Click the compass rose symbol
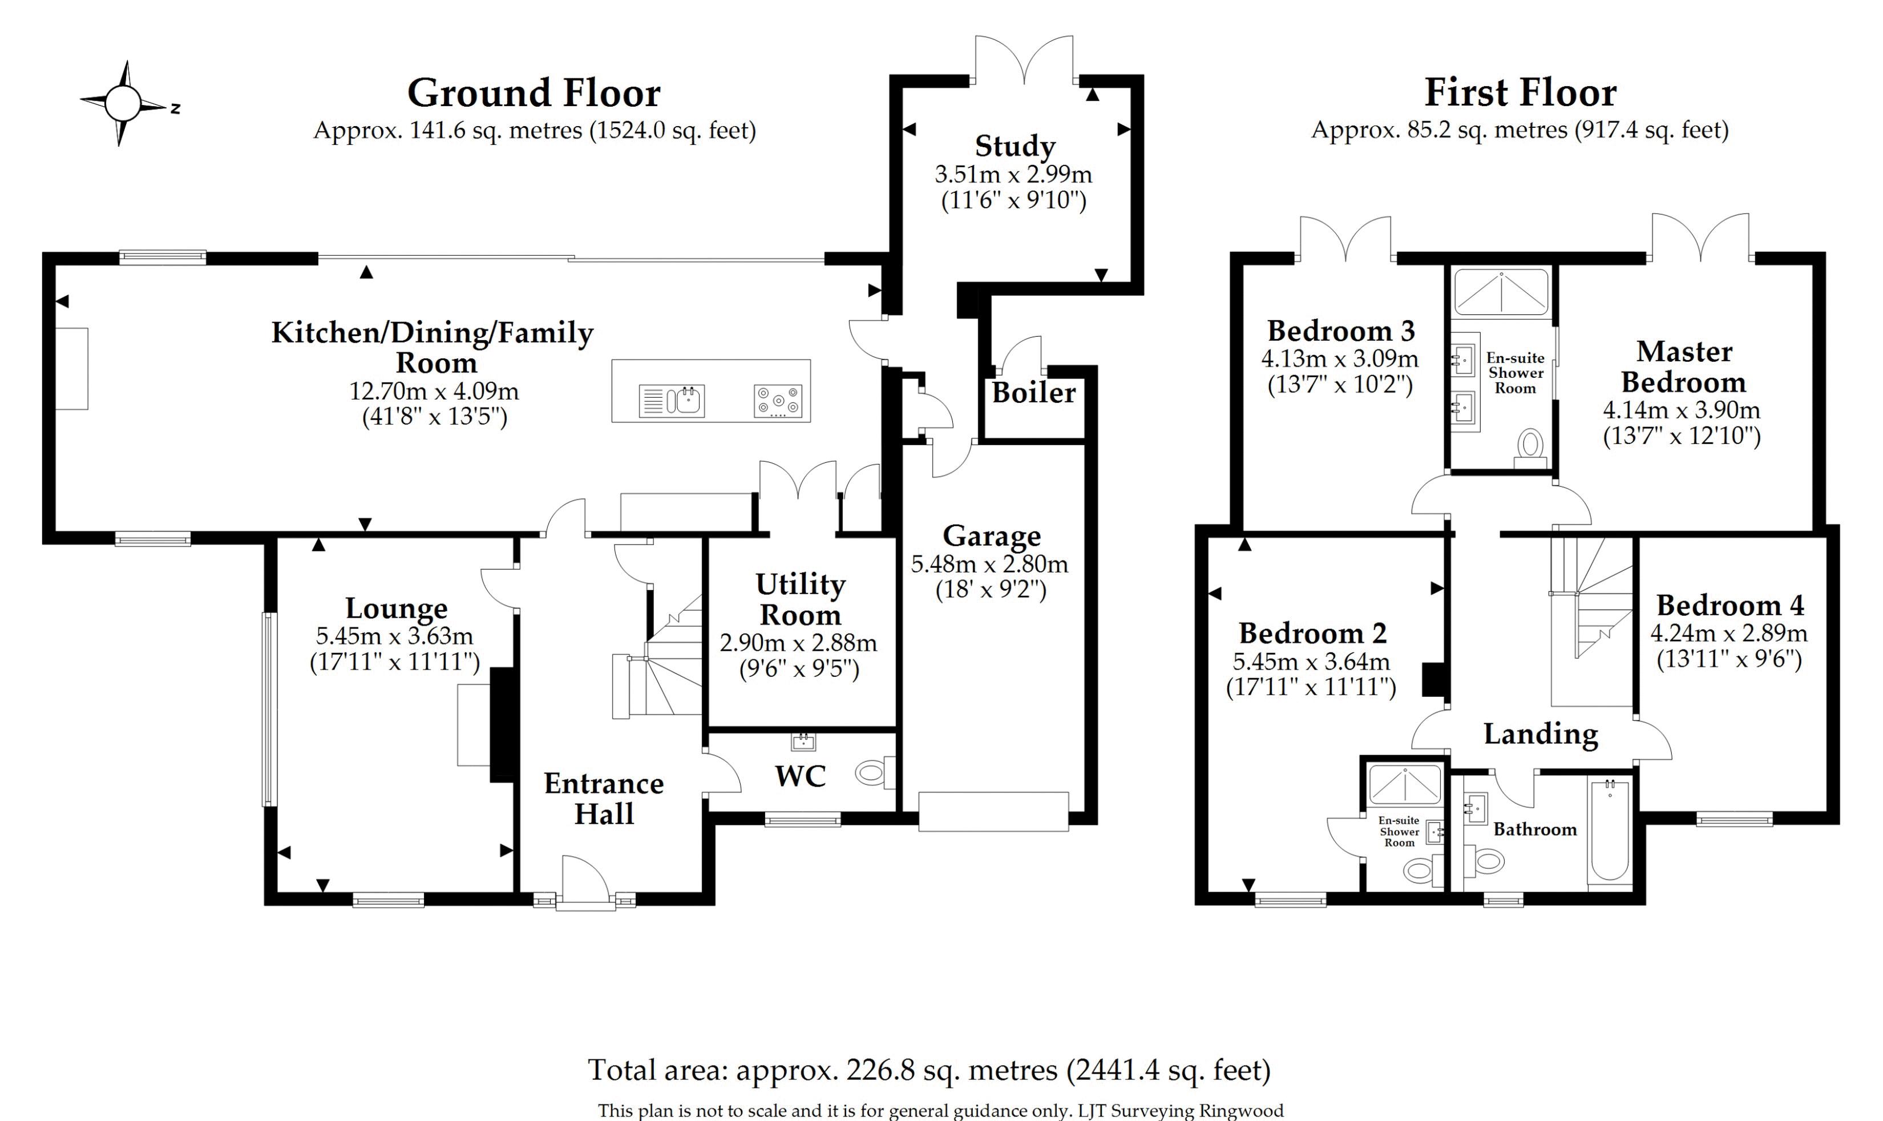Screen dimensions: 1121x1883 [x=123, y=103]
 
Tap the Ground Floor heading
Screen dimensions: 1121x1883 [x=534, y=94]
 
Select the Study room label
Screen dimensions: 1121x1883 [x=1014, y=146]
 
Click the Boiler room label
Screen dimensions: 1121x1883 [x=1033, y=393]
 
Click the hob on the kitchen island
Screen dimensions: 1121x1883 [x=778, y=401]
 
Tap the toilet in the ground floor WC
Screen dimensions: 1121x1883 [x=871, y=773]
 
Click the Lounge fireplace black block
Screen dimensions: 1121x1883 [x=502, y=724]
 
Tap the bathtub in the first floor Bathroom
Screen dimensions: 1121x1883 [x=1609, y=831]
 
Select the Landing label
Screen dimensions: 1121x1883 [x=1540, y=733]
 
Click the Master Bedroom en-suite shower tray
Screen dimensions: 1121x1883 [x=1501, y=292]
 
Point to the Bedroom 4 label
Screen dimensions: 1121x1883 [x=1730, y=605]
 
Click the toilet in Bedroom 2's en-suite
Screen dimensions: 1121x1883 [x=1418, y=871]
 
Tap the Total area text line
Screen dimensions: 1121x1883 [x=929, y=1070]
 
